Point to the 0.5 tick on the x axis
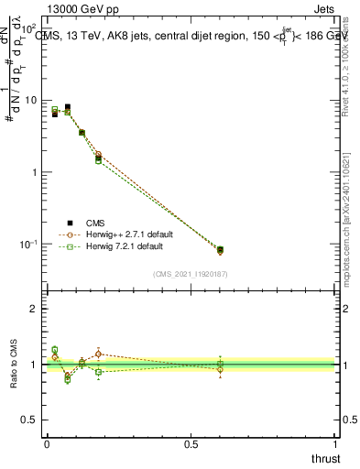[x=191, y=443]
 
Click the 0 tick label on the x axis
[x=47, y=443]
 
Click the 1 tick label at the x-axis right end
[x=335, y=443]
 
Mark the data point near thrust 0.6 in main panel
[x=220, y=249]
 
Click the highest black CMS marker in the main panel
[x=67, y=107]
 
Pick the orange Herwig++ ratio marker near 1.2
[x=98, y=354]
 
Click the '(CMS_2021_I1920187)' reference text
[x=190, y=273]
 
